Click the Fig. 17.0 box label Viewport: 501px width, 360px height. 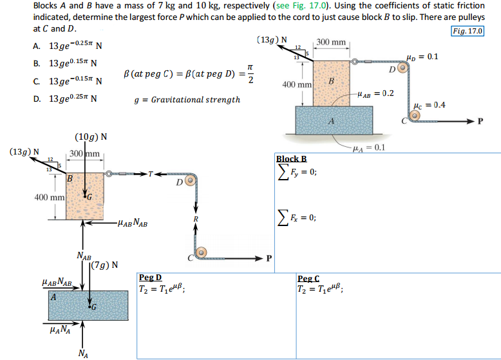click(468, 31)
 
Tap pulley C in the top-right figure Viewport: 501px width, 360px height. click(415, 117)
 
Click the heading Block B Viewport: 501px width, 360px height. click(291, 159)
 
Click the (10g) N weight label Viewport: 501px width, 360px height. click(91, 137)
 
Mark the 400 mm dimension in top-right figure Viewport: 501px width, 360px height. click(298, 84)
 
